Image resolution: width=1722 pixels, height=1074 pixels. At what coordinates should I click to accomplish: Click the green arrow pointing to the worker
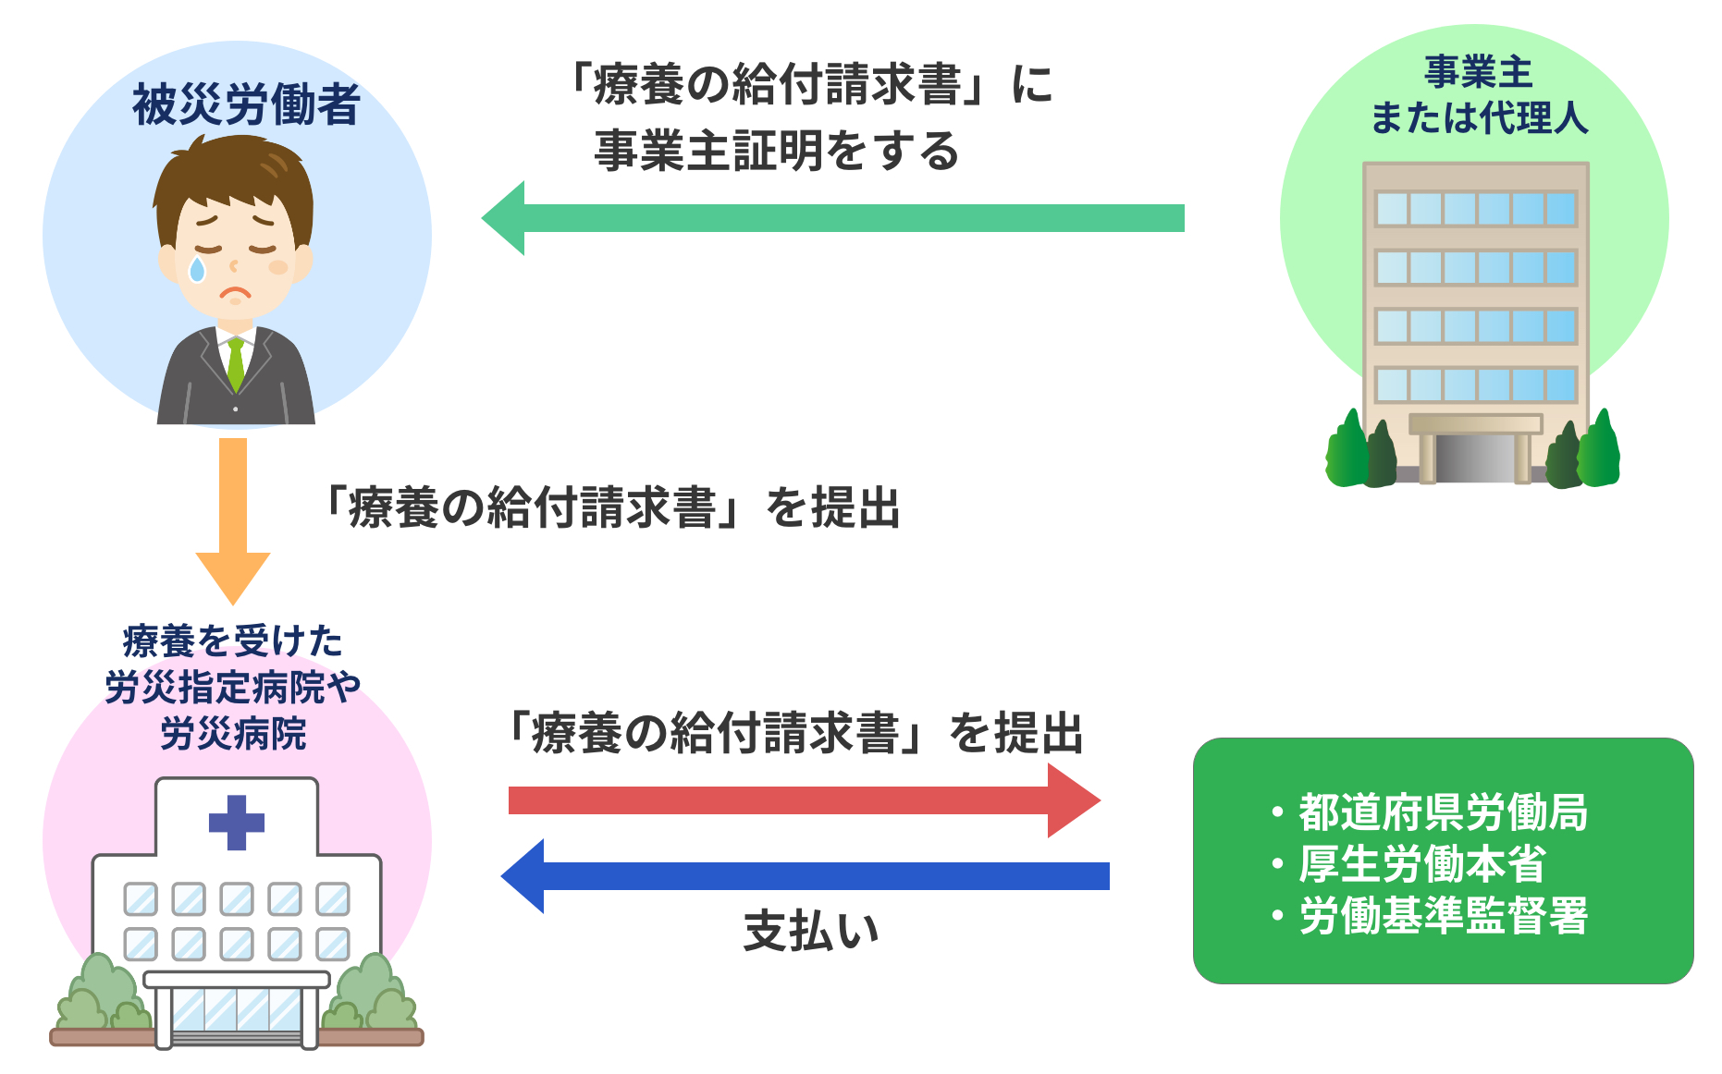pos(832,218)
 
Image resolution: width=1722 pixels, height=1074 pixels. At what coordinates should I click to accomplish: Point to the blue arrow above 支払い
pos(805,876)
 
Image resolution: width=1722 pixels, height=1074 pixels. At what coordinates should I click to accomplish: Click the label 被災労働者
pos(246,104)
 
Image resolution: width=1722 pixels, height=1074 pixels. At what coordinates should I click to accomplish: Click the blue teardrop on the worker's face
pos(197,269)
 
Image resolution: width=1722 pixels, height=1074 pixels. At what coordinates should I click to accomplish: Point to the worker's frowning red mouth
pos(235,295)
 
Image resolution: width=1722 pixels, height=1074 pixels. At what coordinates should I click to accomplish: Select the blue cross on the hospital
pos(237,822)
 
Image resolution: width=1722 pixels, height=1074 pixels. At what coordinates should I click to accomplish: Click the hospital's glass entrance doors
pos(237,1011)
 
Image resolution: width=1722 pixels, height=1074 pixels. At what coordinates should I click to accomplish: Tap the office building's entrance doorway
pos(1474,457)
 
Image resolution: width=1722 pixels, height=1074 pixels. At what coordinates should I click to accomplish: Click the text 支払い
pos(811,930)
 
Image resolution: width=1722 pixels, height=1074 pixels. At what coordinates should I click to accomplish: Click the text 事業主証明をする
pos(777,151)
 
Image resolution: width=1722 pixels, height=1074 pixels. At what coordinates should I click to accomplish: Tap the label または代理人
pos(1479,118)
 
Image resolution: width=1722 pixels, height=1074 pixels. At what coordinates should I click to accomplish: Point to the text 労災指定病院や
pos(232,688)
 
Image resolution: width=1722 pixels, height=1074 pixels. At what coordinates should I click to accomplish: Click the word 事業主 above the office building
pos(1478,72)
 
